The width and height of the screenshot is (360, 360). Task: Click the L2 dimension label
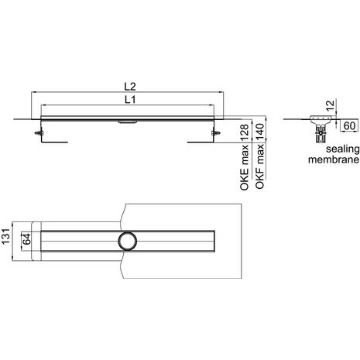click(x=130, y=87)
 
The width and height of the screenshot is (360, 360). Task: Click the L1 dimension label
click(x=130, y=100)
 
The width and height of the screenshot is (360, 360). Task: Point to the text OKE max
click(x=244, y=167)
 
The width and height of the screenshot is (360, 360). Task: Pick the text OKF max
click(x=259, y=166)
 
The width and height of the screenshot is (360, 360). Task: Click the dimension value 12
click(x=331, y=106)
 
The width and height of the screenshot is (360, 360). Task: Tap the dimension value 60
click(x=350, y=126)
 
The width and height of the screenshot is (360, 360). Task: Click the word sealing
click(x=342, y=149)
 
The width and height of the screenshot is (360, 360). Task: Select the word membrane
click(x=334, y=159)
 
